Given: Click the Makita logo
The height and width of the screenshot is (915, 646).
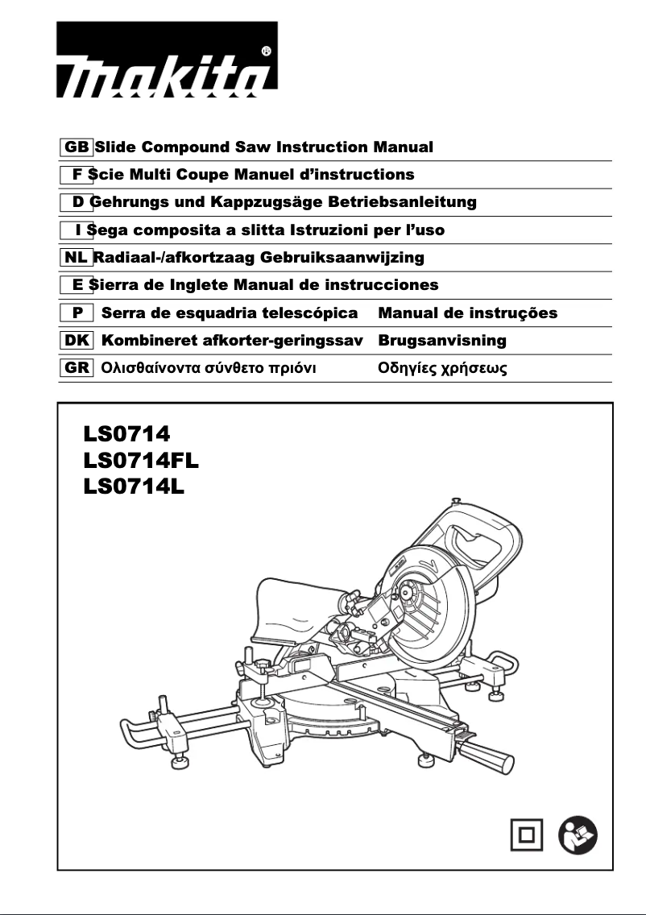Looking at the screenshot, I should [167, 64].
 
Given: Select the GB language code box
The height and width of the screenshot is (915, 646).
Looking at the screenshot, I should [76, 147].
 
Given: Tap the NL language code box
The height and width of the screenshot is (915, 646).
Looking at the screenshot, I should [76, 258].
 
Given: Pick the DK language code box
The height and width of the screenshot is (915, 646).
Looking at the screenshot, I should [76, 341].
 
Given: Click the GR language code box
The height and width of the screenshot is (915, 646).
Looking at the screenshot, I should [76, 368].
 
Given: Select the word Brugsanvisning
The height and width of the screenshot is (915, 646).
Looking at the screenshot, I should [442, 341].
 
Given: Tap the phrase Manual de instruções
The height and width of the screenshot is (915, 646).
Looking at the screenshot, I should [467, 313].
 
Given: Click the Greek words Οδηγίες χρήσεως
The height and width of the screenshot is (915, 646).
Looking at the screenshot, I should [443, 368].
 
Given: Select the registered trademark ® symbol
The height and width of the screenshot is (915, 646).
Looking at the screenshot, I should [267, 51].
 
